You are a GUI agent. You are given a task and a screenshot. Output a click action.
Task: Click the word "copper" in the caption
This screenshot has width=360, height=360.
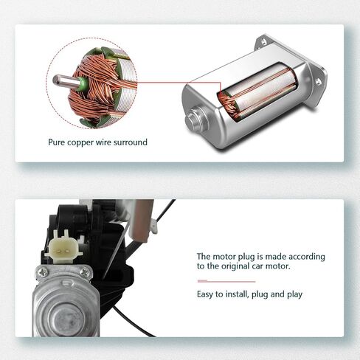(x=80, y=142)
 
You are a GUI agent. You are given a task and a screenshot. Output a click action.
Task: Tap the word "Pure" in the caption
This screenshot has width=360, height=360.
(x=57, y=142)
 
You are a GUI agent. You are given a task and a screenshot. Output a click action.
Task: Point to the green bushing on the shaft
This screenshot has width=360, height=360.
(x=82, y=84)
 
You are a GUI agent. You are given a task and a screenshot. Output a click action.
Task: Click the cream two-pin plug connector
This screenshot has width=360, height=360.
(x=63, y=246)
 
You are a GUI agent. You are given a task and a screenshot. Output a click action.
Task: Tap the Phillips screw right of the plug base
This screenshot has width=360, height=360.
(x=85, y=272)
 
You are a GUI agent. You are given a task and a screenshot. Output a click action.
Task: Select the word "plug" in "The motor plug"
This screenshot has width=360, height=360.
(x=246, y=257)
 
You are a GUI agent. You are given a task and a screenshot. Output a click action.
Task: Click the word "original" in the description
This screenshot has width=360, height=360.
(x=235, y=266)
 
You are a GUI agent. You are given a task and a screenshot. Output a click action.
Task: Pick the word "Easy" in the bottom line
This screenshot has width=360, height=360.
(x=204, y=294)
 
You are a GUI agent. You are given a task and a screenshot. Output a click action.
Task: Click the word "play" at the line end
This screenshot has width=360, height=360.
(x=295, y=294)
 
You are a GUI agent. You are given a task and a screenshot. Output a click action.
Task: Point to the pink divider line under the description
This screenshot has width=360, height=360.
(x=226, y=281)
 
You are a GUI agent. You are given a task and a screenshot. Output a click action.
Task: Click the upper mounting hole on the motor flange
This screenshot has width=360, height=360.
(x=263, y=42)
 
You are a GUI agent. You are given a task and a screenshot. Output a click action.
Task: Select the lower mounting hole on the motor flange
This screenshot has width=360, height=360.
(x=318, y=82)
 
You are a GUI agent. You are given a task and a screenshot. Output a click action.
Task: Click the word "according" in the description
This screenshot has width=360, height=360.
(x=307, y=257)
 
